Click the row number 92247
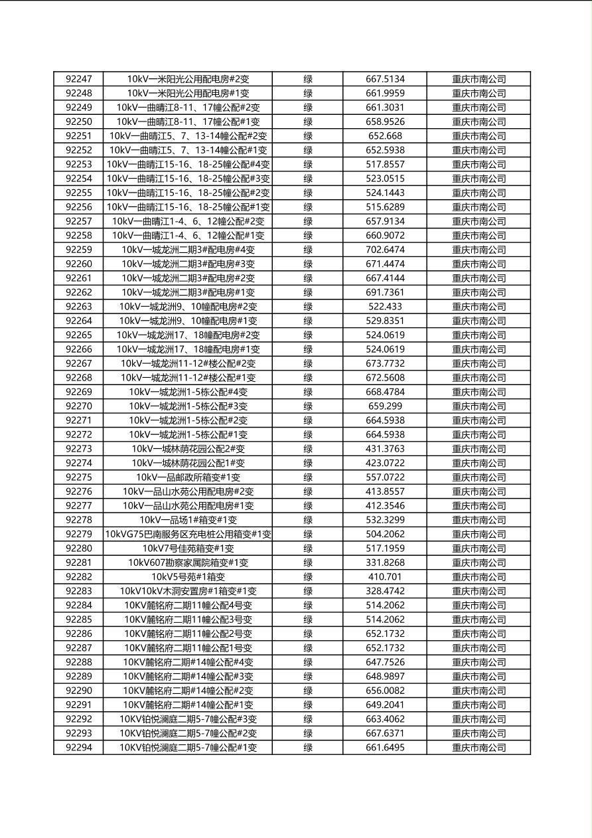[79, 79]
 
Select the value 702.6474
[385, 250]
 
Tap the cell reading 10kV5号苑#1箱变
[188, 577]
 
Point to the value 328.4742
[385, 591]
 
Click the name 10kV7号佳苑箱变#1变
[188, 548]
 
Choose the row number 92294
[79, 748]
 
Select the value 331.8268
[385, 562]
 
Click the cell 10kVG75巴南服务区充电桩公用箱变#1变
[188, 535]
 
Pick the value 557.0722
[385, 477]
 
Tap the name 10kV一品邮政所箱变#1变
[188, 477]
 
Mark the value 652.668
[385, 136]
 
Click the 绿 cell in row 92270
[308, 406]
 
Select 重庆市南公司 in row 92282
[479, 577]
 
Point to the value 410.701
[385, 577]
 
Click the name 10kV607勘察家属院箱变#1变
[188, 562]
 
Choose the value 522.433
[385, 307]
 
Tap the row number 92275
[79, 477]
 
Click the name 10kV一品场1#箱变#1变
[188, 520]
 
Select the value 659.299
[385, 406]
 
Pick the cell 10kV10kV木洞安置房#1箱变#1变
[188, 591]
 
